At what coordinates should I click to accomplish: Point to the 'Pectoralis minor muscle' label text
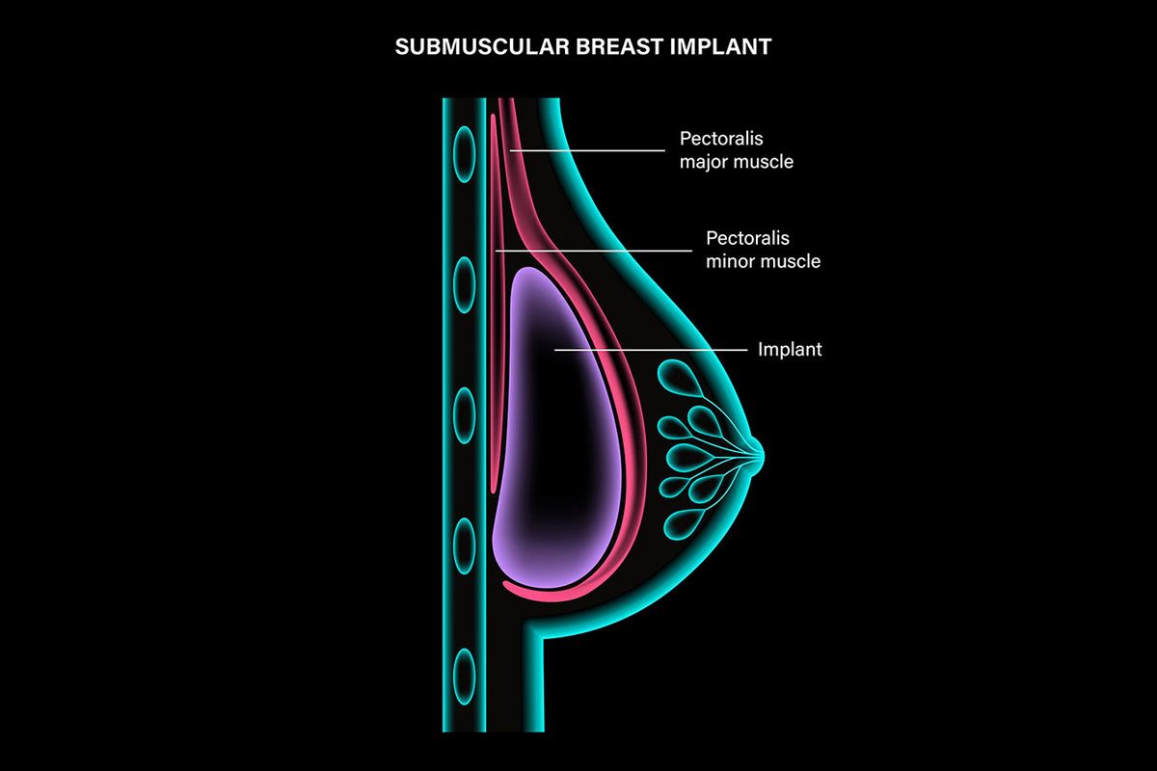point(763,249)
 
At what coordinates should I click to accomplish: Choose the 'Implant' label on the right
point(790,349)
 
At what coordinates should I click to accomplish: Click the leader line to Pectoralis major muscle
point(588,150)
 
